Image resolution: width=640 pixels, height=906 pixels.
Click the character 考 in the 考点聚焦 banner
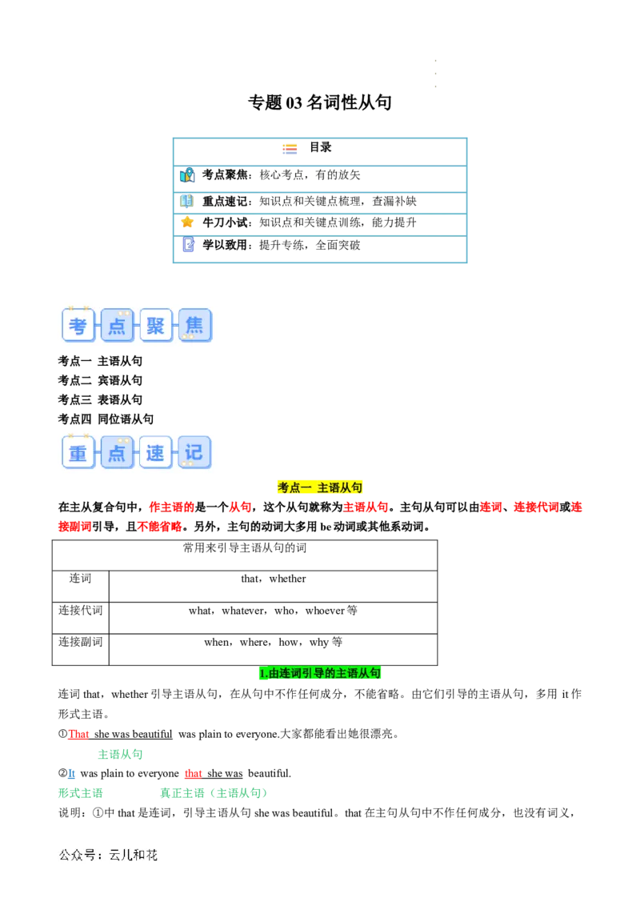[78, 326]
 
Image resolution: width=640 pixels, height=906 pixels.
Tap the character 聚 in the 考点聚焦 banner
[155, 326]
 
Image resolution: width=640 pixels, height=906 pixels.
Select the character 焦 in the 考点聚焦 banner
[194, 326]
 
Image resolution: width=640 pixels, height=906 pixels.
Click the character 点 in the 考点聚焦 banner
[117, 326]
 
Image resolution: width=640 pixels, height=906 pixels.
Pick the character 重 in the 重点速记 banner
[78, 453]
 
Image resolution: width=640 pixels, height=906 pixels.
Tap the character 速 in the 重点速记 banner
[155, 453]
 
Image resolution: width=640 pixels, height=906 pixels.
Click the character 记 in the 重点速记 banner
[194, 453]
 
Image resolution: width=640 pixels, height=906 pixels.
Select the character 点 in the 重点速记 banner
[117, 453]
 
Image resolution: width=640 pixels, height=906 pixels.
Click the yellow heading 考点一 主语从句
[320, 487]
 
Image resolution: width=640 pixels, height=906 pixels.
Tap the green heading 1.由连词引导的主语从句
[320, 674]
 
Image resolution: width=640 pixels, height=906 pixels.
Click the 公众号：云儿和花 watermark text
[109, 855]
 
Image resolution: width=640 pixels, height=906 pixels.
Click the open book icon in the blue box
[186, 201]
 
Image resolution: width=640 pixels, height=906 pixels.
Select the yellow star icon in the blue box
[187, 222]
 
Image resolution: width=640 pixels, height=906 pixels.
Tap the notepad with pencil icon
[188, 245]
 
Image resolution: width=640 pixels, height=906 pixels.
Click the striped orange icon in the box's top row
[291, 150]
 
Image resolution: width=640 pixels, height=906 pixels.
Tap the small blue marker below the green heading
[71, 774]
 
